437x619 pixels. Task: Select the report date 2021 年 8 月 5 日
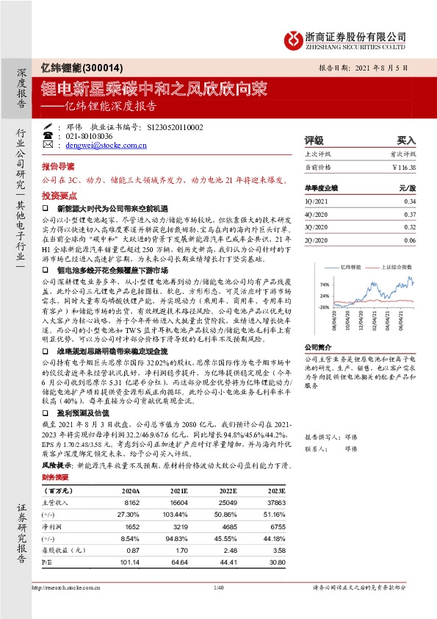379,67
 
